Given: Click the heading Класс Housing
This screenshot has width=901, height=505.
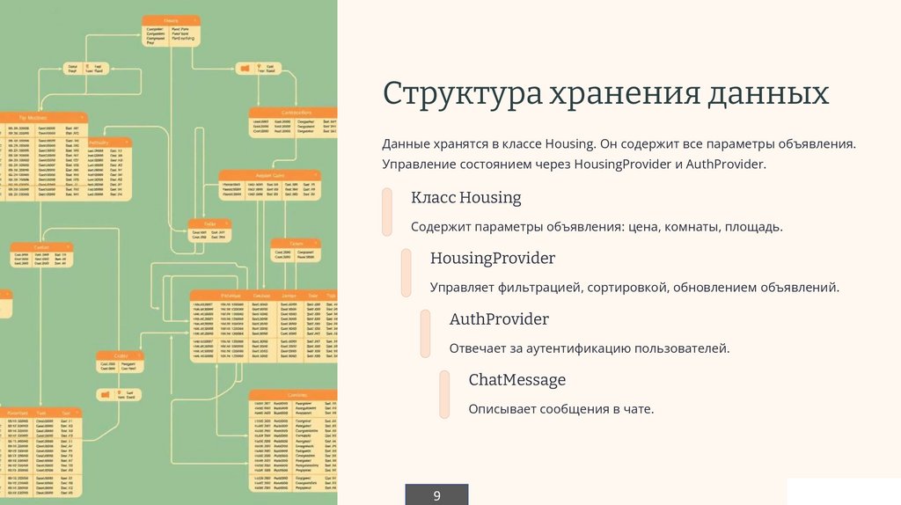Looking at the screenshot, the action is pos(465,198).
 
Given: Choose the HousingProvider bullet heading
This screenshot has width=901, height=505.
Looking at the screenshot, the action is pos(492,259).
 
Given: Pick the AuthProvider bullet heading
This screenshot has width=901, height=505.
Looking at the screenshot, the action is pos(499,319).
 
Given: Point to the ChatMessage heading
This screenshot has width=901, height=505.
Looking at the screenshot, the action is pos(516,380).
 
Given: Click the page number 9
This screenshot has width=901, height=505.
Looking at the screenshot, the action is pos(436,496).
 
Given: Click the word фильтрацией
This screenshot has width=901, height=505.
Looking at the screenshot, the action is pos(535,288).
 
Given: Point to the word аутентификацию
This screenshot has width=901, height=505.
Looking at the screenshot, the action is pos(575,348).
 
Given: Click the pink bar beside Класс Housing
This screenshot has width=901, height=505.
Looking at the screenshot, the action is pos(387,212).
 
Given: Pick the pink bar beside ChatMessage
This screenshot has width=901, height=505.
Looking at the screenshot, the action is pos(445,394).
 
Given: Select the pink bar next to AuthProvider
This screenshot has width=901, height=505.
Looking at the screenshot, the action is pos(426,333).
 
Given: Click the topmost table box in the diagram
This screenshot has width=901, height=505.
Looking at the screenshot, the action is pos(171,31).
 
